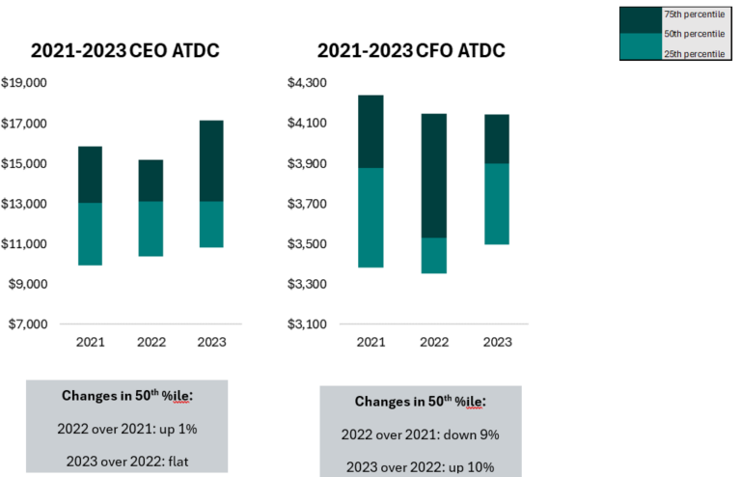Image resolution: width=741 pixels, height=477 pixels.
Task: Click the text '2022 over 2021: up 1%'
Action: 127,428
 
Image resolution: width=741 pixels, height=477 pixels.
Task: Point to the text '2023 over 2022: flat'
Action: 127,460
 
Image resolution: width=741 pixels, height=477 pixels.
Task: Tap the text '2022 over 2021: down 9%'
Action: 420,434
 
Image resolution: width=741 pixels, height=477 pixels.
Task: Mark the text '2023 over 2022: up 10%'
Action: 420,466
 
